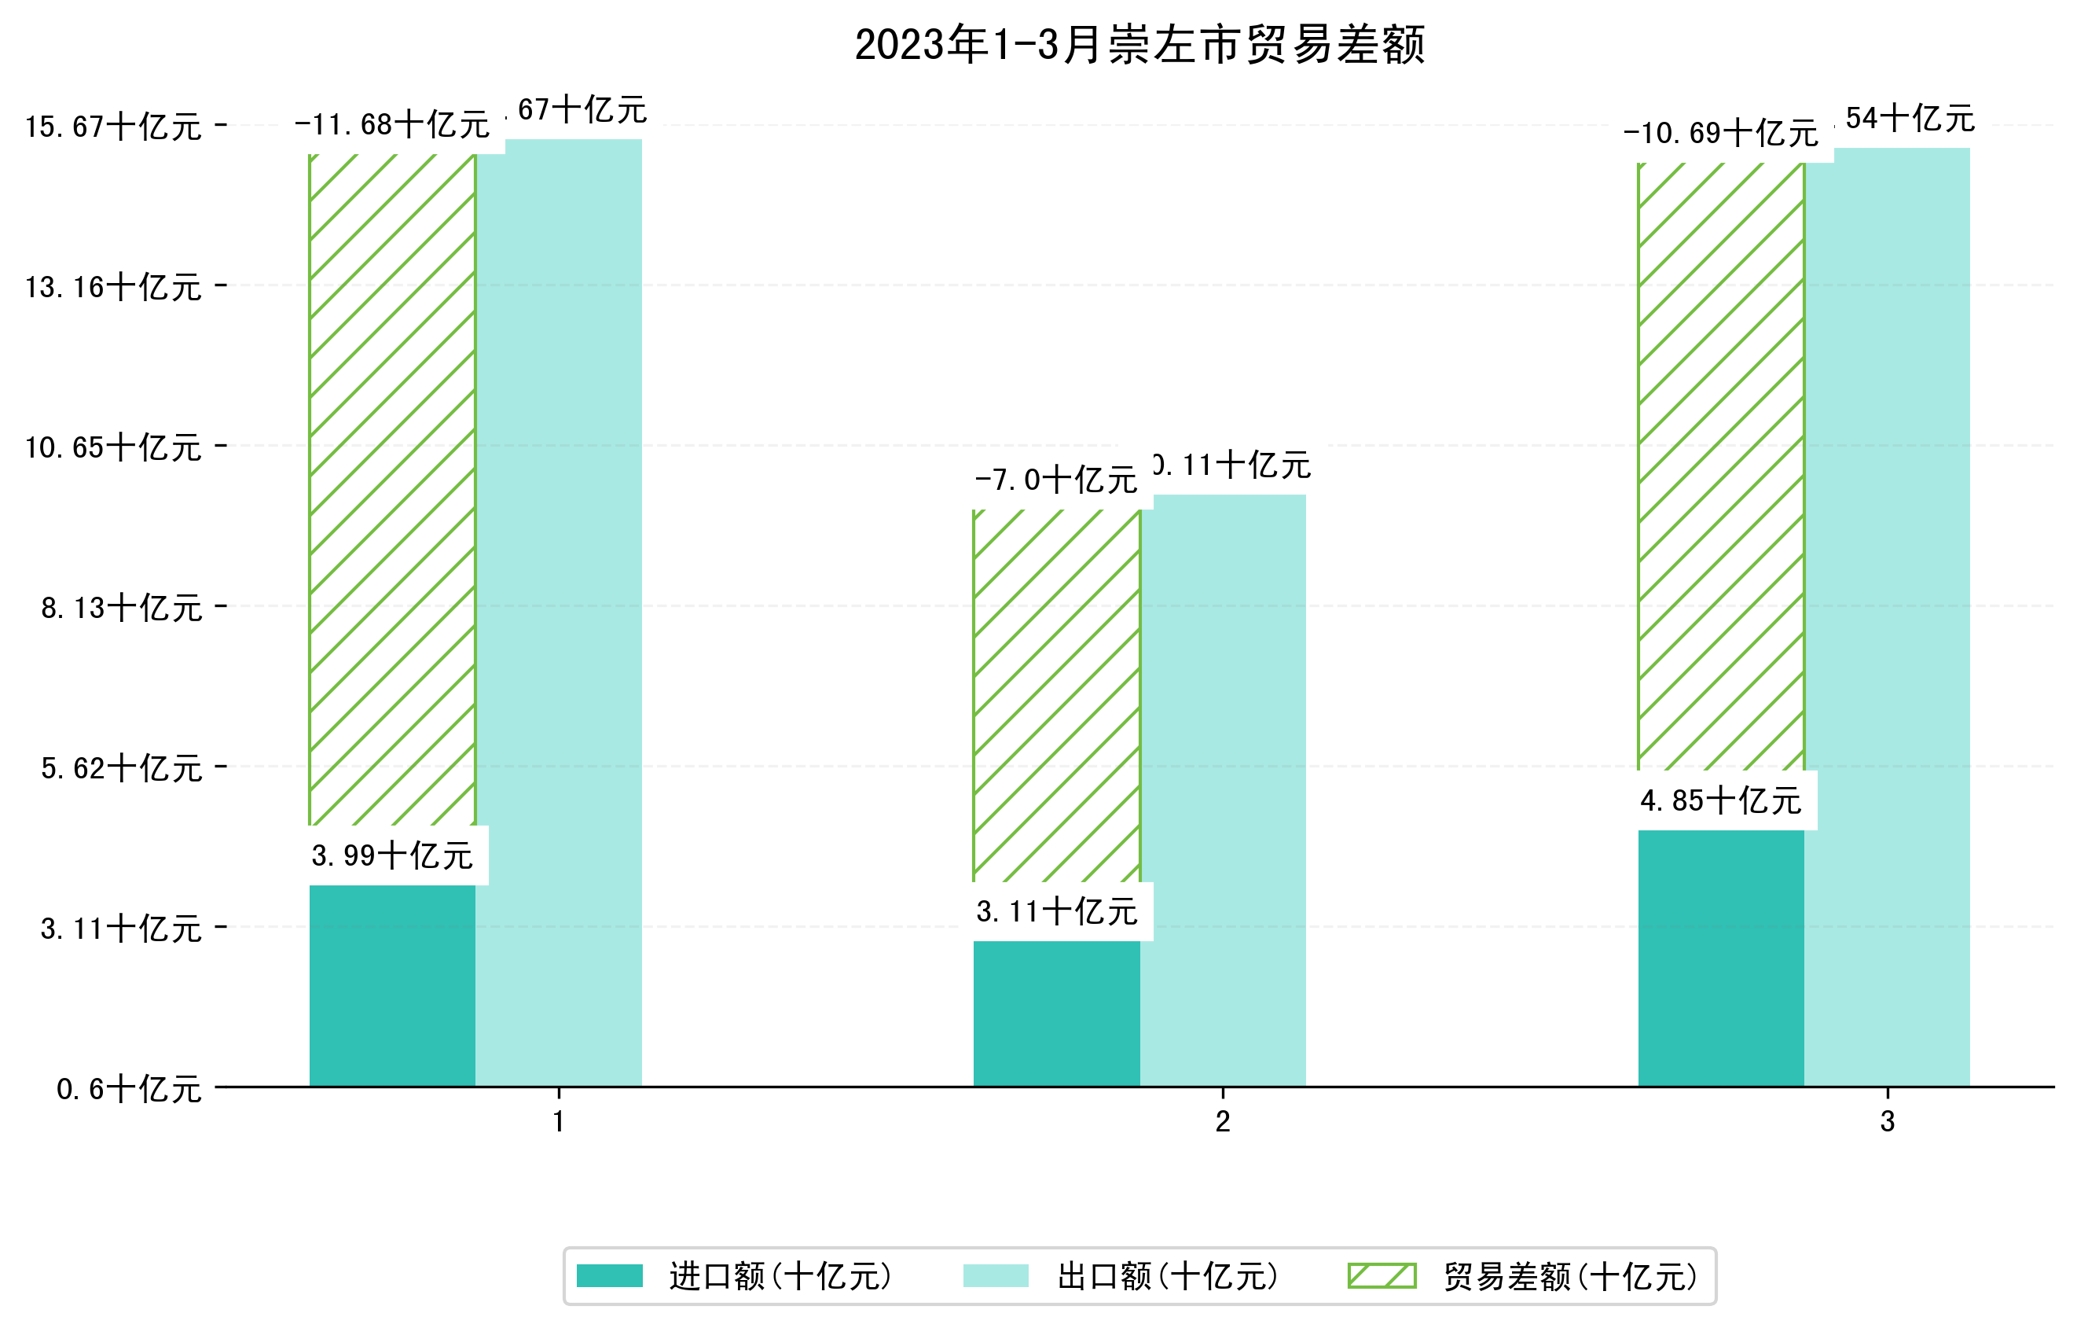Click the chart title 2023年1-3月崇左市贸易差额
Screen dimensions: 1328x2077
coord(1139,45)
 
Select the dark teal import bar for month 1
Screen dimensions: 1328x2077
coord(392,985)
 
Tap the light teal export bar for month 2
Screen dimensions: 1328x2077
coord(1223,789)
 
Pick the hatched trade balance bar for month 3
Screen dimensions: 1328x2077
coord(1721,466)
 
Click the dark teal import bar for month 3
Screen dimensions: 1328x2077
coord(1721,958)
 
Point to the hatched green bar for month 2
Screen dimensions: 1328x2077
coord(1057,694)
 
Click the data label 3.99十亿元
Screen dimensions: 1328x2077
coord(392,855)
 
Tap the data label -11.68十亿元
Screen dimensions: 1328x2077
coord(392,125)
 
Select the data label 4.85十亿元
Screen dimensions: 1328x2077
coord(1721,800)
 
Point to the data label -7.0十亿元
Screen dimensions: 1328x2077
coord(1057,480)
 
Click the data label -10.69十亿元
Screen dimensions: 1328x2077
coord(1721,134)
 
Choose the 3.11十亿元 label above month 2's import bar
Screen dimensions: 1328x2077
coord(1057,911)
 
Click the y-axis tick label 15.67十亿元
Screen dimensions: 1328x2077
coord(113,127)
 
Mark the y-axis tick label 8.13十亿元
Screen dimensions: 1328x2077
coord(122,608)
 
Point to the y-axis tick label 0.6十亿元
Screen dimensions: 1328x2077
coord(130,1089)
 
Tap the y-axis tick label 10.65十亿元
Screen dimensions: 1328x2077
coord(113,447)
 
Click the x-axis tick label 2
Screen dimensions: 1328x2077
coord(1222,1122)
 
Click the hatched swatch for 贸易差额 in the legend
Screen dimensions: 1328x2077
coord(1382,1275)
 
